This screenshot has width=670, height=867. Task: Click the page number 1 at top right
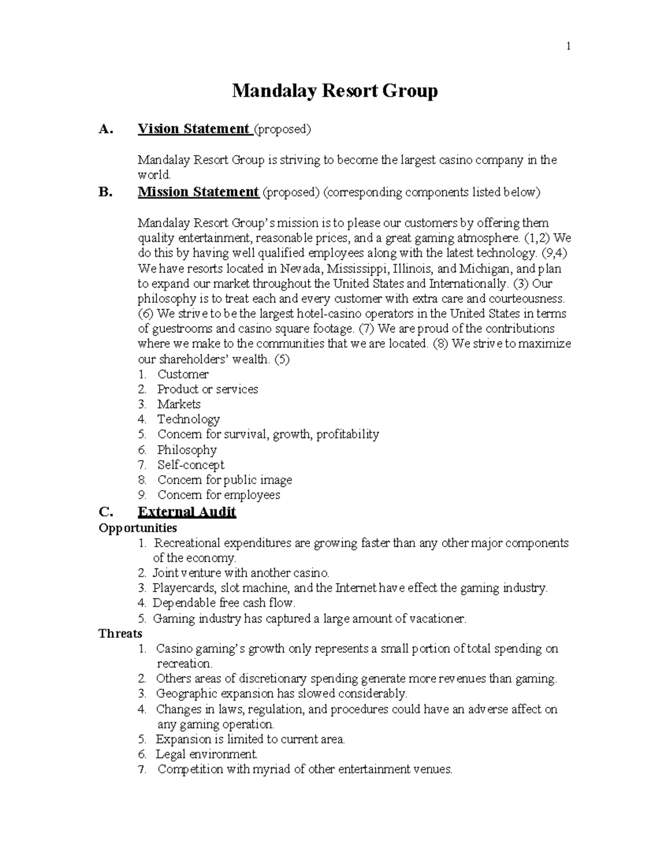coord(568,47)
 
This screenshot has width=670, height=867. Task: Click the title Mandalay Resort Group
coord(334,90)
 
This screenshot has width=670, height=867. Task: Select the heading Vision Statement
coord(193,129)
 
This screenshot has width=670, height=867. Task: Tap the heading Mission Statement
coord(198,192)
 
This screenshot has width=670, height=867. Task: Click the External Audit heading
coord(187,512)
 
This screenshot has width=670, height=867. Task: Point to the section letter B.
coord(105,192)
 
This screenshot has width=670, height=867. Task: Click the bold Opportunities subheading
coord(137,528)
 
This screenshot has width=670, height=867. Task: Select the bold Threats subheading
coord(120,633)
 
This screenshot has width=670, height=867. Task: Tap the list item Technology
coord(188,419)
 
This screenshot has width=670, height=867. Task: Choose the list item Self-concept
coord(190,464)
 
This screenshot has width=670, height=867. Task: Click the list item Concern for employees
coord(218,495)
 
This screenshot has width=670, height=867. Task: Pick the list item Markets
coord(179,404)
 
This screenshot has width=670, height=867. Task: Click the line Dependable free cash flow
coord(223,603)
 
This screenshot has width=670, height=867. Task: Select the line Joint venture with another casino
coord(241,573)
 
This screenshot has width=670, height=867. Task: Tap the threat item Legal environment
coord(207,754)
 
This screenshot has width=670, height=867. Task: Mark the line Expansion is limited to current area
coord(250,739)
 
